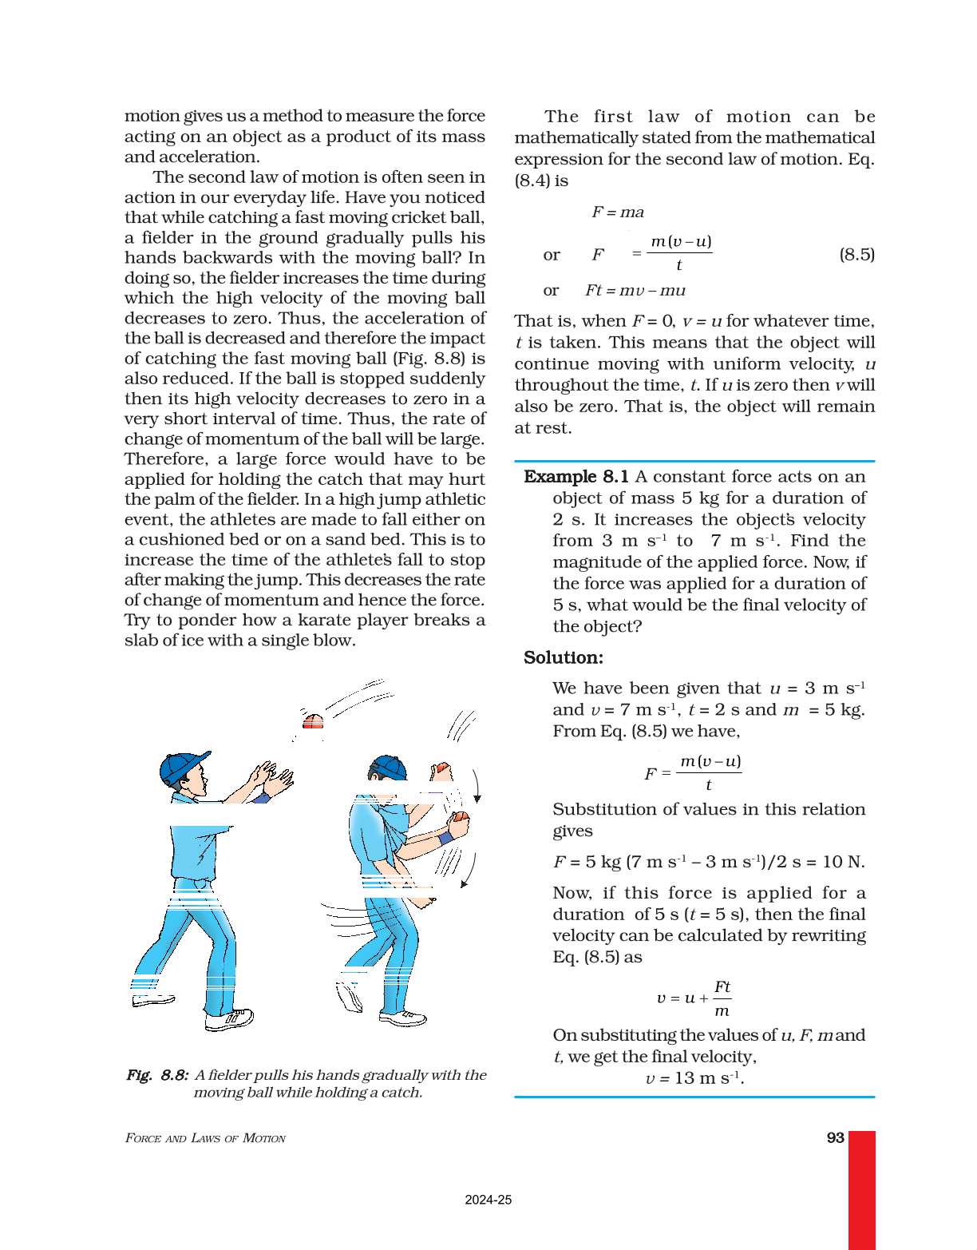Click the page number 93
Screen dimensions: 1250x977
pyautogui.click(x=835, y=1137)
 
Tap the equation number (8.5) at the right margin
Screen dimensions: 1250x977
pyautogui.click(x=856, y=255)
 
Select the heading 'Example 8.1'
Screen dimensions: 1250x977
pyautogui.click(x=576, y=477)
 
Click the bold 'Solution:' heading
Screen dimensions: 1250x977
pyautogui.click(x=563, y=657)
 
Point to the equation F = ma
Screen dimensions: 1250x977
pyautogui.click(x=617, y=212)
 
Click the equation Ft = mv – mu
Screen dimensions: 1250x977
pyautogui.click(x=635, y=291)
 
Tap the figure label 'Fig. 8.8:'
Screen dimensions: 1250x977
pyautogui.click(x=157, y=1075)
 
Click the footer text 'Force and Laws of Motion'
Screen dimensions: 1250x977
pyautogui.click(x=205, y=1138)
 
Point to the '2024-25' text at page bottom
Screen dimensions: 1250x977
pyautogui.click(x=488, y=1200)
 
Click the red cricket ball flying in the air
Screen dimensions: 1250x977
pyautogui.click(x=313, y=722)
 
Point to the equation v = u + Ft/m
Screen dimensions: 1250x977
pyautogui.click(x=694, y=998)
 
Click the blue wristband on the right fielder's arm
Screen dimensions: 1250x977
pyautogui.click(x=445, y=838)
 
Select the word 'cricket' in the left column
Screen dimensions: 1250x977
pyautogui.click(x=405, y=218)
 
